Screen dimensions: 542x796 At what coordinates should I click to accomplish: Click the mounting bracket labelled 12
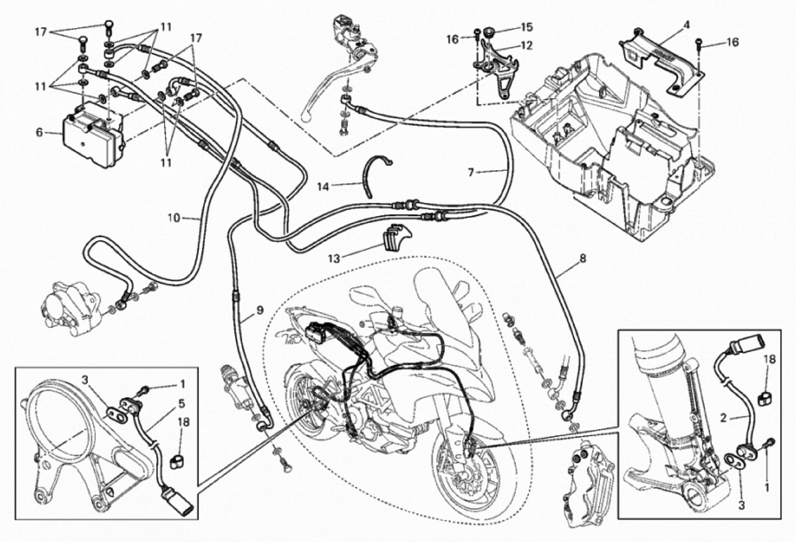(497, 68)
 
